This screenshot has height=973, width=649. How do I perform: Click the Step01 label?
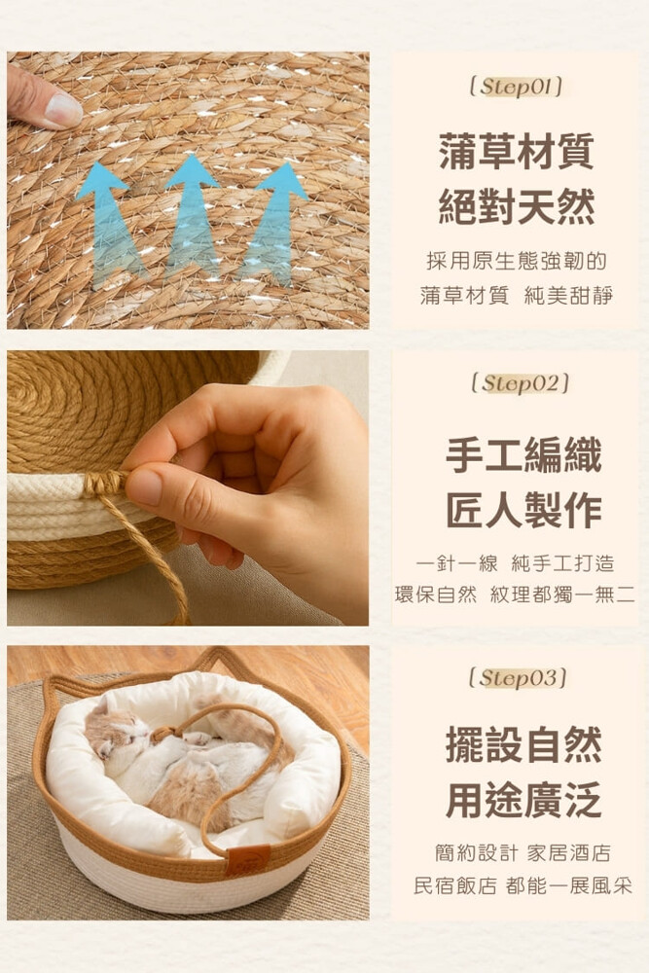(x=517, y=87)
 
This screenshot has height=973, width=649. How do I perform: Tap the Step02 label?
(x=520, y=382)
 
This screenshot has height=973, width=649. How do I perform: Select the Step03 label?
(x=518, y=677)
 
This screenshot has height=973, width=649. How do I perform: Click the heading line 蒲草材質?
(x=517, y=151)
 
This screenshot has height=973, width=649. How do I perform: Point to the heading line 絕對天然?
(x=517, y=206)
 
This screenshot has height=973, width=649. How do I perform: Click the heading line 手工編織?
(x=523, y=454)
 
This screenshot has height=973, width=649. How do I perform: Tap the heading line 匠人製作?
(x=523, y=511)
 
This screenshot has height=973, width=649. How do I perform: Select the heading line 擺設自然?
(x=523, y=744)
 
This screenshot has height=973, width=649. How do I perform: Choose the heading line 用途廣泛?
(x=523, y=800)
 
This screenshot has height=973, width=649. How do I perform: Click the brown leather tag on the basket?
(x=247, y=860)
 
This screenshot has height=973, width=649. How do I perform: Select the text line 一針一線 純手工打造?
(x=515, y=562)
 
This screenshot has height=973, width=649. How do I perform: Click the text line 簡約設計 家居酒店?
(x=523, y=852)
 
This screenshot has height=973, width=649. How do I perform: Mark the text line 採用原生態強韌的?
(x=517, y=261)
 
